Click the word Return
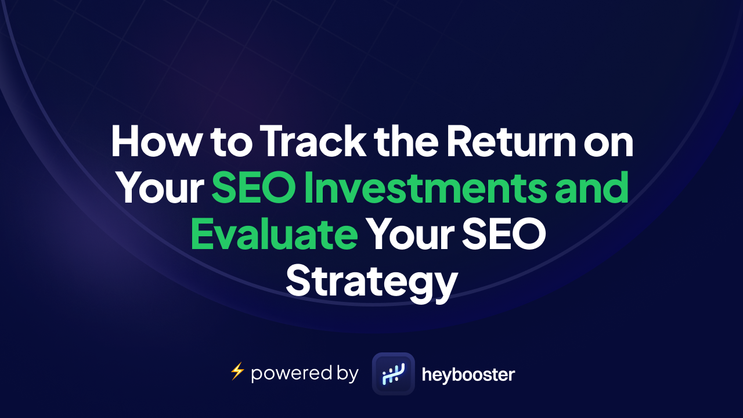[511, 140]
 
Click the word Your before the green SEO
[161, 187]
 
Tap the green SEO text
[254, 187]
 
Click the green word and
[591, 187]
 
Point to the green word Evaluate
[275, 233]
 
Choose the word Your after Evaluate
[412, 234]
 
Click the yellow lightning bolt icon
[237, 371]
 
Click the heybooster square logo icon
[394, 373]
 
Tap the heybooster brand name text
[468, 375]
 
